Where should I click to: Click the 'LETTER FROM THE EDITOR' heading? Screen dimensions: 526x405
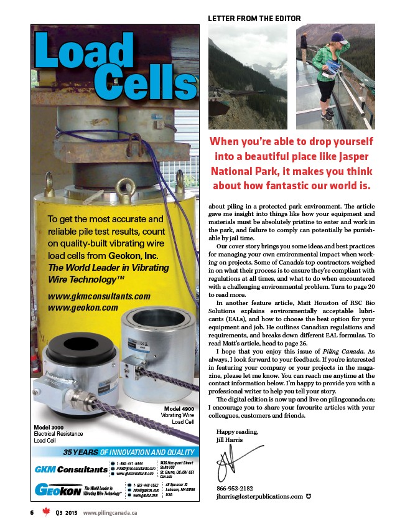pyautogui.click(x=254, y=19)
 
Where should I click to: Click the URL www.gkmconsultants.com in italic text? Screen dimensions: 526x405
pyautogui.click(x=100, y=296)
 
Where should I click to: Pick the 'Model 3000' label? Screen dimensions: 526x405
pyautogui.click(x=50, y=427)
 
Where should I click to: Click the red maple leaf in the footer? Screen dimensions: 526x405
pyautogui.click(x=45, y=512)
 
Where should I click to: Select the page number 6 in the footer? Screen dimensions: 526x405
pyautogui.click(x=31, y=512)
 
